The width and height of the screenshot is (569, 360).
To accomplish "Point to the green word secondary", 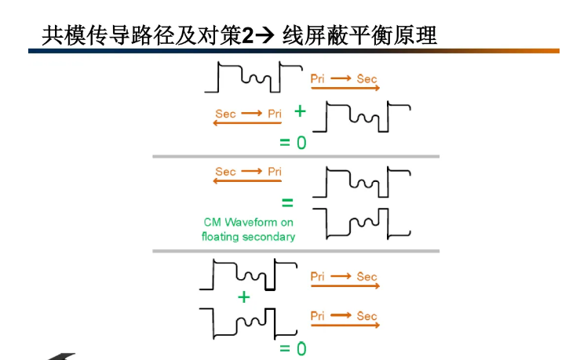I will point(269,236).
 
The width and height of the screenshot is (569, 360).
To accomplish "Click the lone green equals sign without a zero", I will point(287,202).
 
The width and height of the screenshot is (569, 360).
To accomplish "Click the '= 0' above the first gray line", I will point(293,143).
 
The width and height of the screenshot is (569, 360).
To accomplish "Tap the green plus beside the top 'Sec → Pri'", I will point(299,111).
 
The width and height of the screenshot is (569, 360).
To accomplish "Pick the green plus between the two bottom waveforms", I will point(243,296).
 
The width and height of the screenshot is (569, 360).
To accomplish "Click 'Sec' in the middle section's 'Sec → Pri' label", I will point(225,172).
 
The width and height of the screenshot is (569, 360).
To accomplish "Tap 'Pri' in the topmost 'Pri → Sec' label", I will point(318,78).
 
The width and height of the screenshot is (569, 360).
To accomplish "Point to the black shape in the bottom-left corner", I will point(63,356).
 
